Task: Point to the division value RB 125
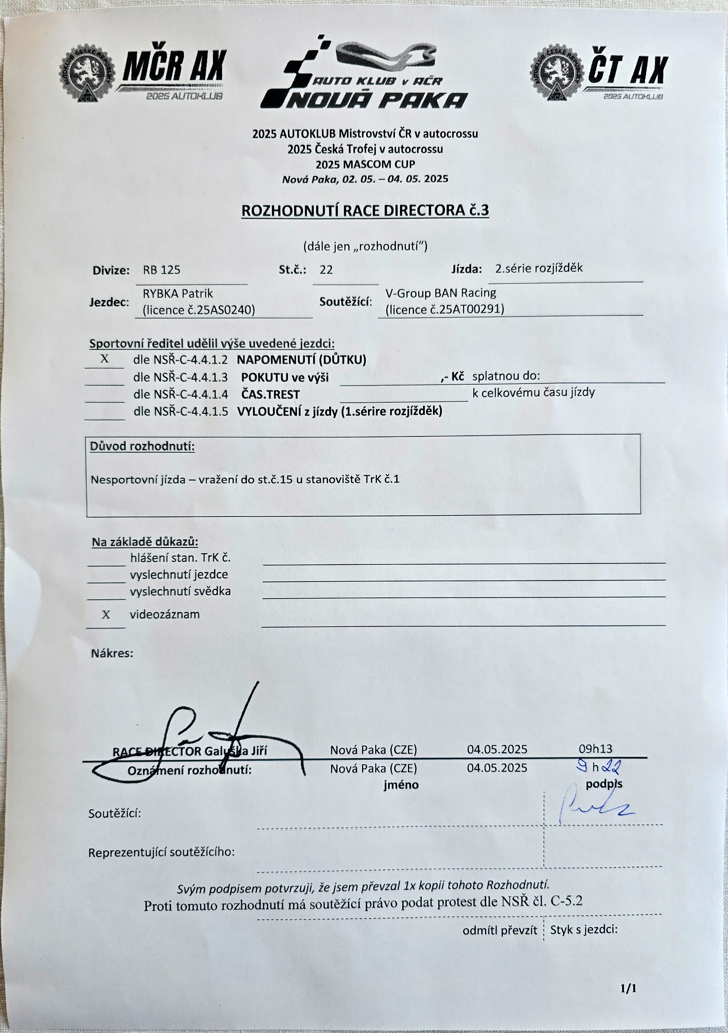pyautogui.click(x=162, y=270)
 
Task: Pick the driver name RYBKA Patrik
pyautogui.click(x=178, y=294)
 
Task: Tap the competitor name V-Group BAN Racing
pyautogui.click(x=441, y=293)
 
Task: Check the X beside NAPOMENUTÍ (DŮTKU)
pyautogui.click(x=104, y=359)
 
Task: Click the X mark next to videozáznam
pyautogui.click(x=106, y=615)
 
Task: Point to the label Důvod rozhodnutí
pyautogui.click(x=142, y=447)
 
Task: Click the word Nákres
pyautogui.click(x=112, y=653)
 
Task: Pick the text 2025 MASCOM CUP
pyautogui.click(x=365, y=164)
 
